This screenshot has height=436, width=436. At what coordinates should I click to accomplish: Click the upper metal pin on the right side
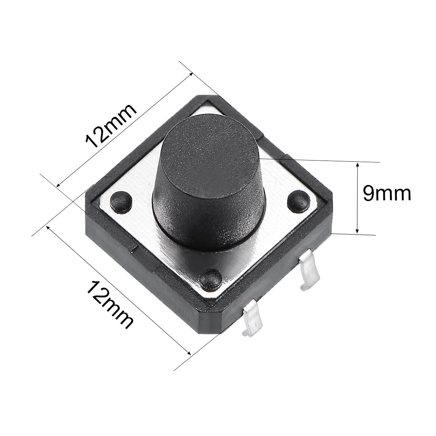point(309,272)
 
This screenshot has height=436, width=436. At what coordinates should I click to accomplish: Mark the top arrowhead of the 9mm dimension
point(358,164)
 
